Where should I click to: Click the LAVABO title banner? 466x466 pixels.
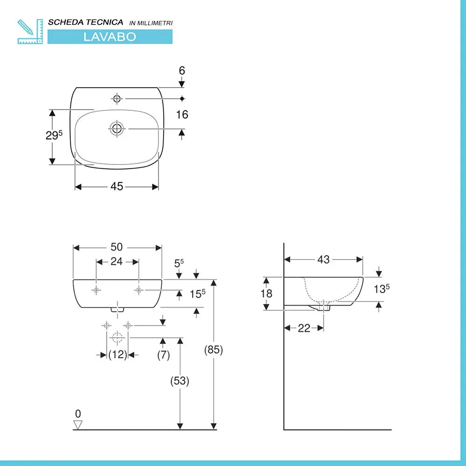[110, 37]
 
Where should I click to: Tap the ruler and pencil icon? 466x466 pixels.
[29, 32]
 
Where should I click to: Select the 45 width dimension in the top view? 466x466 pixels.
[116, 186]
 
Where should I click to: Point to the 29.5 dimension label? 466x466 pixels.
[54, 136]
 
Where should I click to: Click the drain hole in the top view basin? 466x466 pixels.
[116, 128]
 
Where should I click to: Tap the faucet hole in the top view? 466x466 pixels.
[116, 98]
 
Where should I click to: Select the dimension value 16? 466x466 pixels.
[182, 115]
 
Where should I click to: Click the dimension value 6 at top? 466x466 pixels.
[182, 70]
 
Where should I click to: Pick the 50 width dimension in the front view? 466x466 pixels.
[116, 247]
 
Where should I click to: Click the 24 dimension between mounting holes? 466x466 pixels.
[116, 262]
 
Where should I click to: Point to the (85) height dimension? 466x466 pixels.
[213, 350]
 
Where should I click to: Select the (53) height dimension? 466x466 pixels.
[179, 381]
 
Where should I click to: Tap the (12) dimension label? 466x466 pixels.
[117, 355]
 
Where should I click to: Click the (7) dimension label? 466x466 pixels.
[163, 355]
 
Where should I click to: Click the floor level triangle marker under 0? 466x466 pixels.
[78, 425]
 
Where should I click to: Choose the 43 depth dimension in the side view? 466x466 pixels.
[323, 260]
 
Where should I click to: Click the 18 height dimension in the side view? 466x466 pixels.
[267, 294]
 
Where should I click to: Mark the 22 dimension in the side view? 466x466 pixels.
[304, 328]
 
